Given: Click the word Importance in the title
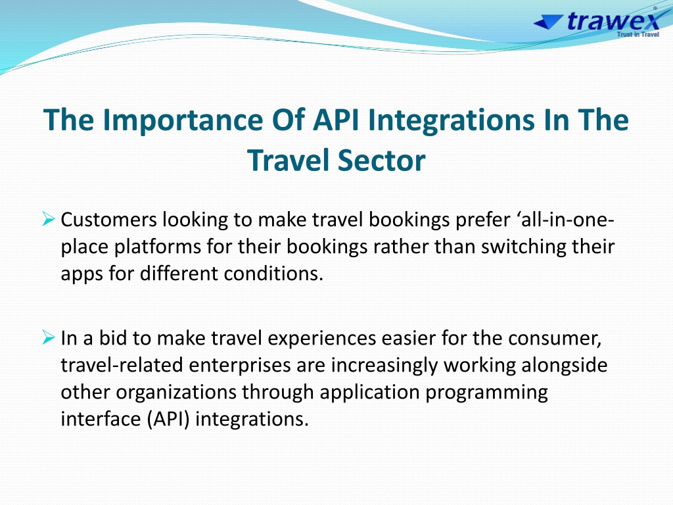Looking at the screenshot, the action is pyautogui.click(x=183, y=121).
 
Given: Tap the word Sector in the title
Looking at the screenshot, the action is pyautogui.click(x=381, y=160).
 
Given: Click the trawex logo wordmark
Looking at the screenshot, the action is pyautogui.click(x=613, y=20).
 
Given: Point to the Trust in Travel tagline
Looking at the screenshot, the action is pyautogui.click(x=638, y=34).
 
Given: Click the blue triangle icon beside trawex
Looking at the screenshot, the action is pyautogui.click(x=548, y=22).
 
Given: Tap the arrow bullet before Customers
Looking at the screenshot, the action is pyautogui.click(x=49, y=219).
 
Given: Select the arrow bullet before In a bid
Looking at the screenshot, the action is pyautogui.click(x=49, y=337).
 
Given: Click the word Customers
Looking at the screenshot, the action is pyautogui.click(x=109, y=220).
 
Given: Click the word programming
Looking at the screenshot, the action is pyautogui.click(x=486, y=393).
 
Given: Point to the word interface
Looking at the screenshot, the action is pyautogui.click(x=101, y=419).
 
